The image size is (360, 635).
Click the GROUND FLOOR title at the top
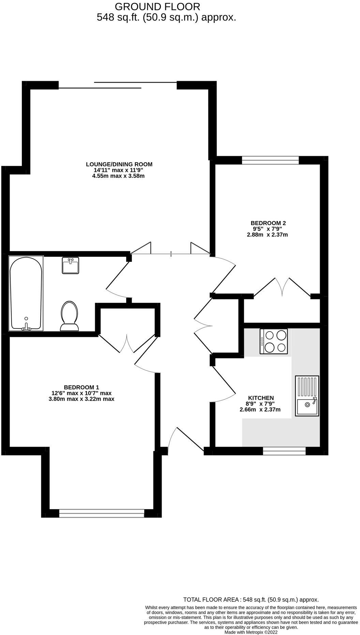157,6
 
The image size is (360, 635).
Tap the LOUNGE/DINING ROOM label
119,164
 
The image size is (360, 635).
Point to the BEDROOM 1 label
81,387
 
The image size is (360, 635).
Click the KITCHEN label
261,398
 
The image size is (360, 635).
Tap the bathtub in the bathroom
26,294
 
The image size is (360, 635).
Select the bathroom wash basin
71,265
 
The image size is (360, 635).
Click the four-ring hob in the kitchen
273,341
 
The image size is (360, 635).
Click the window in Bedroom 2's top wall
270,160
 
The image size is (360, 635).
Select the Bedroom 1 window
101,513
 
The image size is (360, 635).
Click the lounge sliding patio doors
118,85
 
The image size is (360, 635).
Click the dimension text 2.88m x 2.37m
268,235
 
